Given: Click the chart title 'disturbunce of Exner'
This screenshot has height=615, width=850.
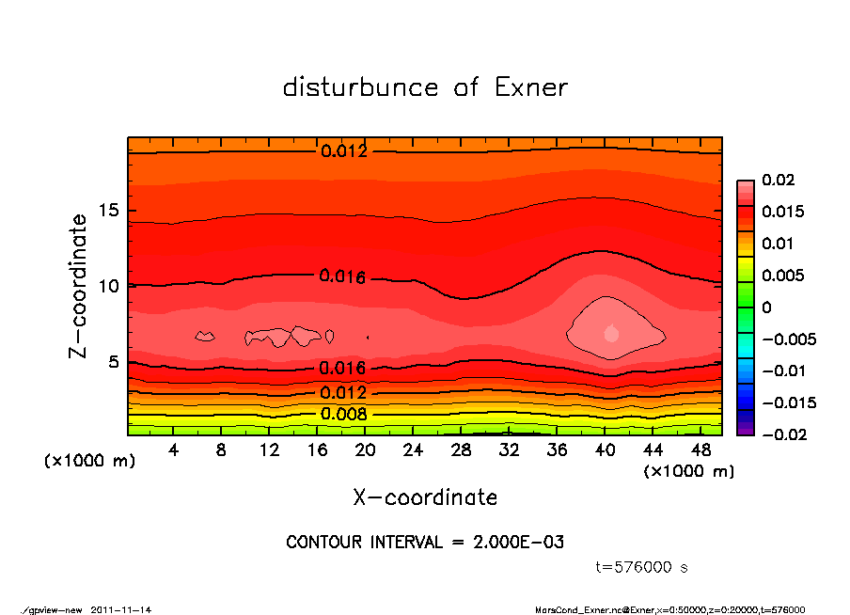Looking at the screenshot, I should click(425, 87).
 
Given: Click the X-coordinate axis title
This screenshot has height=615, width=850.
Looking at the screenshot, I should click(425, 497).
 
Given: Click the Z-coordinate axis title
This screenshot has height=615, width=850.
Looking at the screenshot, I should click(79, 286).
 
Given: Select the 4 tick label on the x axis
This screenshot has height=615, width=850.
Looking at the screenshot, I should click(173, 450).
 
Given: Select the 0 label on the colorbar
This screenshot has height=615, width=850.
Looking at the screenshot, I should click(766, 307).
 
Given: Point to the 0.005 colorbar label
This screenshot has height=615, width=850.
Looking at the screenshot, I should click(782, 276).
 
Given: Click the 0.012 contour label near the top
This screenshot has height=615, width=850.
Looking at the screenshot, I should click(343, 151).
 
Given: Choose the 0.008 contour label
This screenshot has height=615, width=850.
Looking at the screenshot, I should click(343, 414).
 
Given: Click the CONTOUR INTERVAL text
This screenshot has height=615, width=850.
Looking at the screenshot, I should click(425, 543).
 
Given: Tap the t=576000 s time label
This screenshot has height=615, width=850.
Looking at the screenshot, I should click(642, 567).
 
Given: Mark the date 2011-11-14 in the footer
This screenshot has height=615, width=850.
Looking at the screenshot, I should click(121, 609).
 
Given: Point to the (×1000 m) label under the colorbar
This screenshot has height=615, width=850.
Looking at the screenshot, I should click(688, 471).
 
